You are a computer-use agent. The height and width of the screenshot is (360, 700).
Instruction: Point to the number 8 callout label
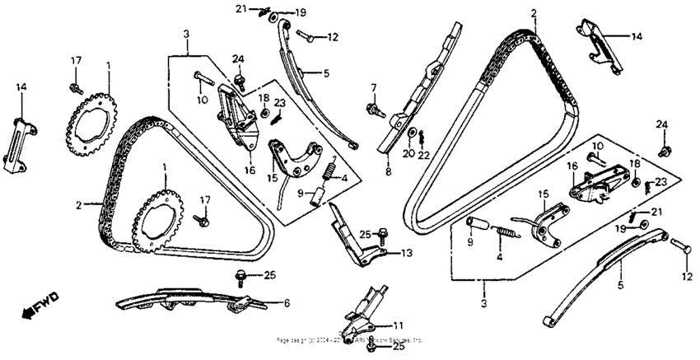click(388, 175)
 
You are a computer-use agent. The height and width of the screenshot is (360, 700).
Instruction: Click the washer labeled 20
click(409, 133)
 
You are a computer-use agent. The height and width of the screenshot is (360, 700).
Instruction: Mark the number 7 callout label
click(372, 86)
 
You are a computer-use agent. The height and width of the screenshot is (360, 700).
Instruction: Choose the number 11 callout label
click(399, 325)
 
